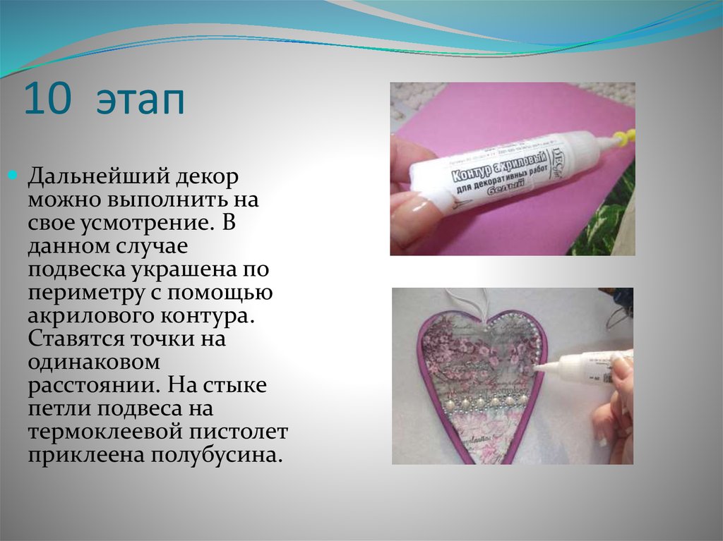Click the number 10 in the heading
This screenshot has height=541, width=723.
tap(48, 101)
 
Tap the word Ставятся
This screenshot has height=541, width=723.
tap(76, 338)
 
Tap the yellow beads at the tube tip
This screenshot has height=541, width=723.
tap(622, 137)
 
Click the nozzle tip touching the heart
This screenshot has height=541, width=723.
tap(538, 367)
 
